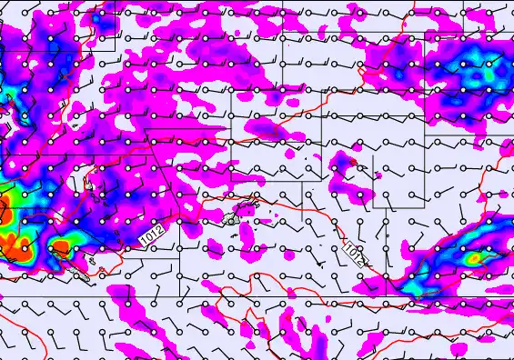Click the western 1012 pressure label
[x=152, y=234]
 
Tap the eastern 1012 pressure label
[x=356, y=254]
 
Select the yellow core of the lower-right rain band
[x=473, y=259]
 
